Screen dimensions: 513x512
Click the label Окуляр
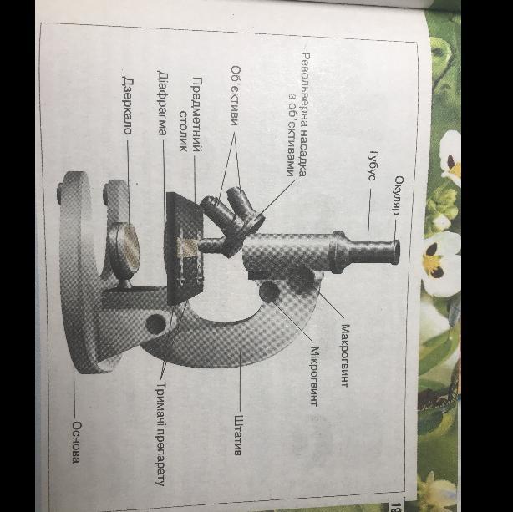point(399,195)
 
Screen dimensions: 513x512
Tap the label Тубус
point(373,165)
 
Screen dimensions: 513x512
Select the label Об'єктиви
point(236,96)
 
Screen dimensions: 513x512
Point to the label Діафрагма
point(162,103)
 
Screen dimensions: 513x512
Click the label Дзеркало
point(127,105)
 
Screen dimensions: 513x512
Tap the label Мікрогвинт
point(314,376)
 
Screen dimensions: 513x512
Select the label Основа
point(76,443)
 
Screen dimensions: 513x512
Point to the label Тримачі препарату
point(160,433)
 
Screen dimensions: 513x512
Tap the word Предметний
point(196,114)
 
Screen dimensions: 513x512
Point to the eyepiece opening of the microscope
point(396,251)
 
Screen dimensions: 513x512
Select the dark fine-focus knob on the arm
point(269,291)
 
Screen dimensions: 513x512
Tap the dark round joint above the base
point(156,324)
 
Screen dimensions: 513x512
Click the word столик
point(184,131)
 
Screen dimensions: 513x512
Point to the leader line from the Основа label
point(74,395)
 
